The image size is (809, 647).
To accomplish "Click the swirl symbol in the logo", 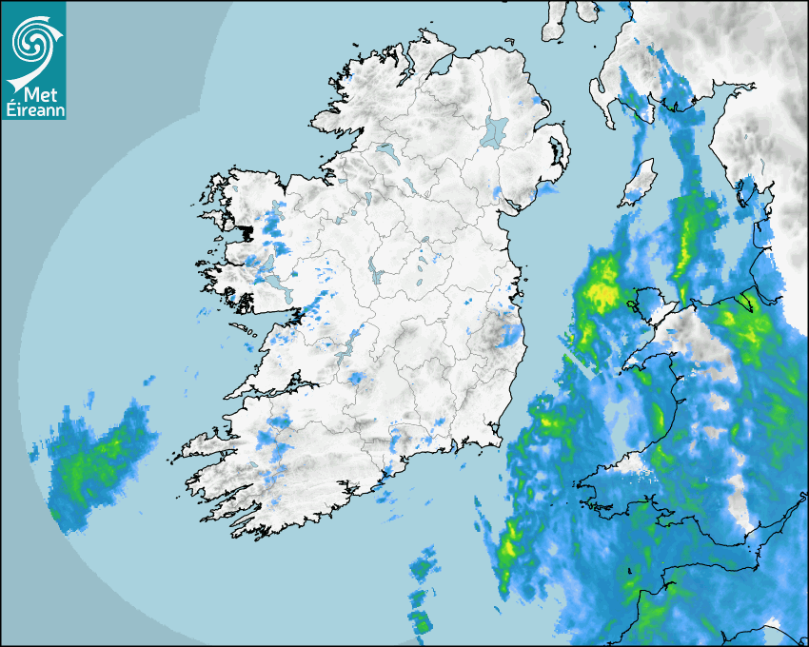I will click(x=30, y=41).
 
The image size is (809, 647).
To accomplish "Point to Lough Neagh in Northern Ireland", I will click(x=495, y=130).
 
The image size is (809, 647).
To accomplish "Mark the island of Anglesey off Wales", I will click(x=656, y=303).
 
